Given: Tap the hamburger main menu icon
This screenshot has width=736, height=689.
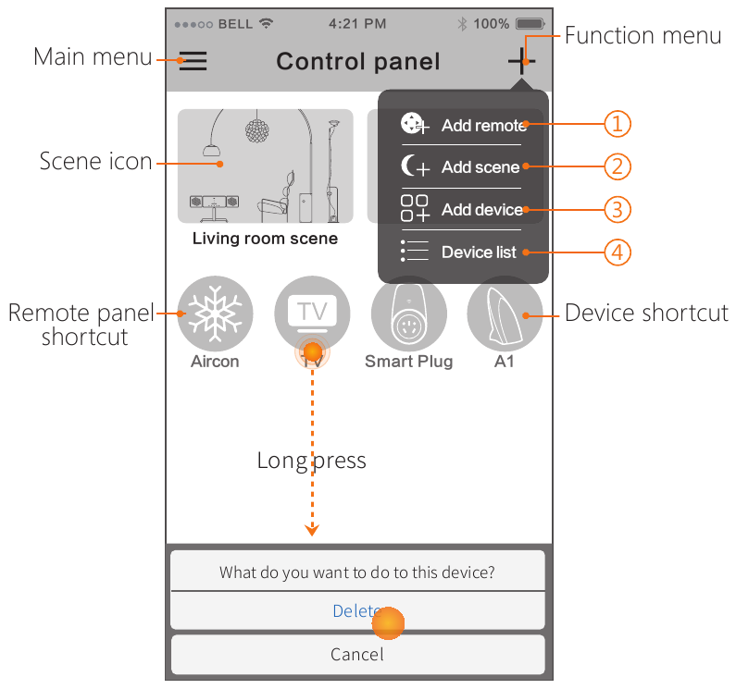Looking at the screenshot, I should click(x=193, y=62).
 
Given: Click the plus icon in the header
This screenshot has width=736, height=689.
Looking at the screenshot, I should click(x=521, y=62).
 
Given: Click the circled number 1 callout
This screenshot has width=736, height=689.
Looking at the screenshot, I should click(x=617, y=124).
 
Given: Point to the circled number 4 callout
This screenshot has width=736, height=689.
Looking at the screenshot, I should click(x=617, y=252).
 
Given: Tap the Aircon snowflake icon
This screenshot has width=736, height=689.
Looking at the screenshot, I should click(x=215, y=313).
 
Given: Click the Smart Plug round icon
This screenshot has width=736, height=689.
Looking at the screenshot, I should click(x=408, y=313).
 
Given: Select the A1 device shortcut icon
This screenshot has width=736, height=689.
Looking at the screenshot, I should click(x=505, y=313).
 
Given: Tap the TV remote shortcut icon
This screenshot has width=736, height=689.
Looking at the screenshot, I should click(x=312, y=313).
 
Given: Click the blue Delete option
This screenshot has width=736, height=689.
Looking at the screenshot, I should click(x=357, y=610).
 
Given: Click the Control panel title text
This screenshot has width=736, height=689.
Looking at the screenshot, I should click(x=358, y=62).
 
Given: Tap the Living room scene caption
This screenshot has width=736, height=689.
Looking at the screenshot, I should click(x=265, y=239).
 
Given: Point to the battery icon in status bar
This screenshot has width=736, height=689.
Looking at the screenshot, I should click(x=530, y=23).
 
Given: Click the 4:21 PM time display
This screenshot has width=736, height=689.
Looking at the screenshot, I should click(x=357, y=23).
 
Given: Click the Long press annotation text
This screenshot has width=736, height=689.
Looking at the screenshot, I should click(x=311, y=461).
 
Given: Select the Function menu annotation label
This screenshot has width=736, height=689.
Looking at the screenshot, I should click(x=642, y=36).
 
